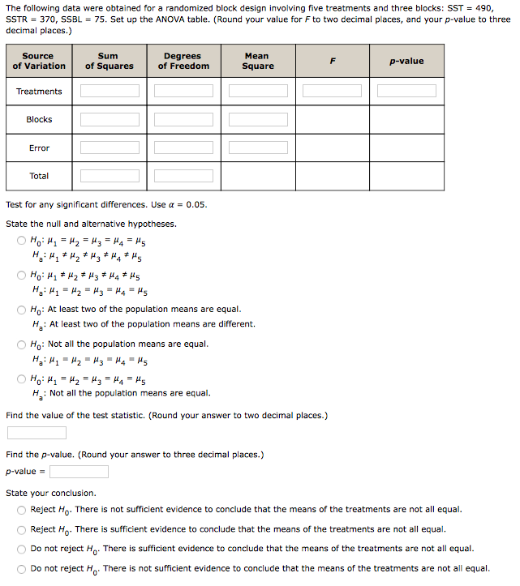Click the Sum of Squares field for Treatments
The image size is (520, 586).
click(x=110, y=91)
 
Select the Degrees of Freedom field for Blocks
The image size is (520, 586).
click(x=183, y=119)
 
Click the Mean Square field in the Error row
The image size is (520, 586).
click(x=258, y=148)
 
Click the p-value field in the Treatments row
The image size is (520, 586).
click(x=406, y=91)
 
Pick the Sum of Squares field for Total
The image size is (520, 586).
click(x=110, y=176)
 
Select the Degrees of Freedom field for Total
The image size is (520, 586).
click(x=183, y=176)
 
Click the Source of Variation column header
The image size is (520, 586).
click(x=39, y=61)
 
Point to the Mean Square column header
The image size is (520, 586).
click(x=258, y=61)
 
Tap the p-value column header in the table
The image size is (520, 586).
click(x=406, y=61)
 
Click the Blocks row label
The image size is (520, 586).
click(x=39, y=119)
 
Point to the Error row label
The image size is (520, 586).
click(x=39, y=148)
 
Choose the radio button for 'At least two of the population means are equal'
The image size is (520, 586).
click(x=22, y=310)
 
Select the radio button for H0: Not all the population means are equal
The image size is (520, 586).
click(x=22, y=344)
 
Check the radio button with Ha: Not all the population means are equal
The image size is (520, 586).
click(x=22, y=379)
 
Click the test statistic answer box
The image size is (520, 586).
click(x=37, y=433)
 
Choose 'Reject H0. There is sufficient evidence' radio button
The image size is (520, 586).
click(x=22, y=529)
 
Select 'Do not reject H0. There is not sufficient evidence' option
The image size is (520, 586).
click(x=22, y=569)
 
